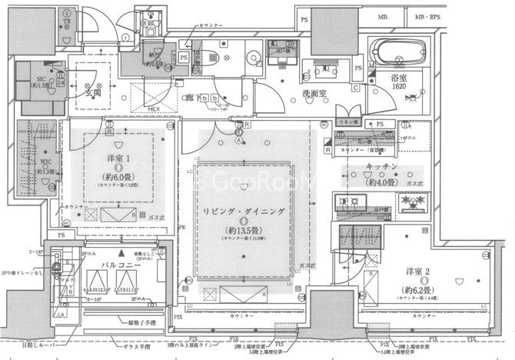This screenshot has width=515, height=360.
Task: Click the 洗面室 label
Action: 314,92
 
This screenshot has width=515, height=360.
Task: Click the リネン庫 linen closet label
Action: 350,122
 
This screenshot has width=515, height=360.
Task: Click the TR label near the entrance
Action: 68,22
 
